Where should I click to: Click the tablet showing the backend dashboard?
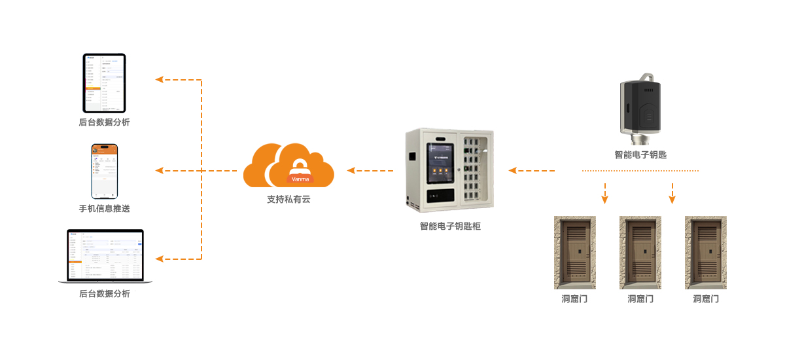coord(104,83)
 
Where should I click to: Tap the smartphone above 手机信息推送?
coord(105,171)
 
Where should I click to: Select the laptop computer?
coord(105,257)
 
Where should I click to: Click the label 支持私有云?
coord(288,199)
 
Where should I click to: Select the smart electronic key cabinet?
coord(449,170)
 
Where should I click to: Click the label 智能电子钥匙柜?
coord(450,226)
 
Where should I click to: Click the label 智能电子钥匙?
coord(640,155)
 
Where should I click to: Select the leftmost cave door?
coord(575,253)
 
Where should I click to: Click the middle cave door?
coord(640,253)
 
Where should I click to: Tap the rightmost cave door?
coord(706,253)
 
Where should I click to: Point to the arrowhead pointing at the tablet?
coord(159,80)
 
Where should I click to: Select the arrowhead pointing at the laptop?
coord(159,259)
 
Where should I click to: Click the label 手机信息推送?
coord(105,209)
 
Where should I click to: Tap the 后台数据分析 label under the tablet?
coord(104,122)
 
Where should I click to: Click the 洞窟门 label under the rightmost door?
coord(706,299)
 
